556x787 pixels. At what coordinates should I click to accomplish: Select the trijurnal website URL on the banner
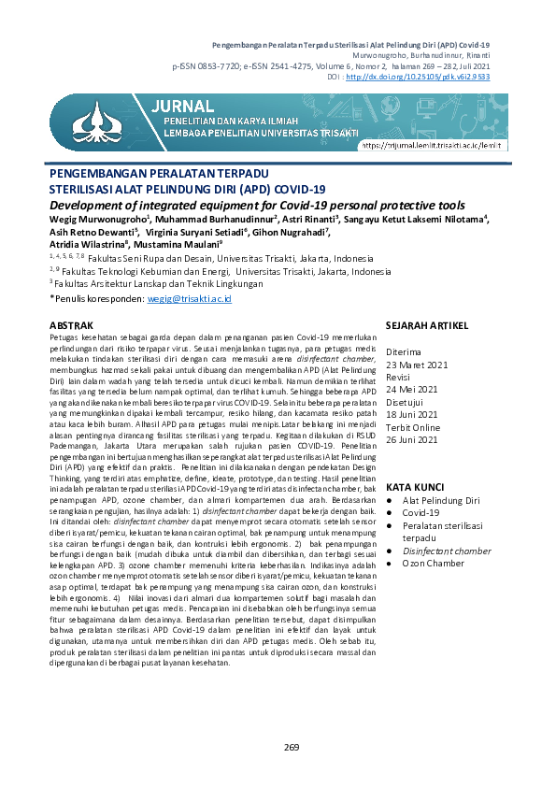[437, 145]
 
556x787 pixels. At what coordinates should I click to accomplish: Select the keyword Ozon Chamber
[433, 564]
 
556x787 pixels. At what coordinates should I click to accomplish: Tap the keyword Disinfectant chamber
[447, 551]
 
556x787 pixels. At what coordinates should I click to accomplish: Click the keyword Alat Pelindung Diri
[440, 502]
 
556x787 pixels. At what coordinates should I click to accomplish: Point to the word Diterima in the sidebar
[405, 351]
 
